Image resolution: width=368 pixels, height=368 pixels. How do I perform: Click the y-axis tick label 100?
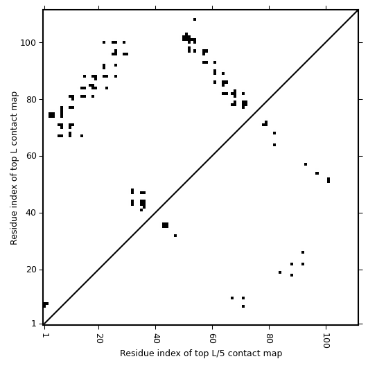(28, 43)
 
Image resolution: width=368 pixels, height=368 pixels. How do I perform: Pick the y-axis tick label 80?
(31, 100)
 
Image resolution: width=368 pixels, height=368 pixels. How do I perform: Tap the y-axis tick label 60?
(31, 157)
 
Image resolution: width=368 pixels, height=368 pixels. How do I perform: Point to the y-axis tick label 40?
(31, 213)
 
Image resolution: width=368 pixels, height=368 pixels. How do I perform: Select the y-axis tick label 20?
(31, 270)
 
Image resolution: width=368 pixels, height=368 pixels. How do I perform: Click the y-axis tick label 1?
(34, 324)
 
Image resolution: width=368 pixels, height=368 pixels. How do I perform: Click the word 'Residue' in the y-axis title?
(14, 233)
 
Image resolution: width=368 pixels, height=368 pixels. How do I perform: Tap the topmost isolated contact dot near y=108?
(195, 19)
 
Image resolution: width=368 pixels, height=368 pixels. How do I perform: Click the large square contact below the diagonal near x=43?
(165, 225)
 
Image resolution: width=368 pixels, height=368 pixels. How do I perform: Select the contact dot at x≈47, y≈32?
(175, 236)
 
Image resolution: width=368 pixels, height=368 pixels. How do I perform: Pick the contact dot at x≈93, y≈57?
(306, 164)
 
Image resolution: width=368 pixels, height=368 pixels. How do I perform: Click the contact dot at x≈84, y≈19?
(280, 272)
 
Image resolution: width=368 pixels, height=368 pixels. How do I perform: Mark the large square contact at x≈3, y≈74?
(52, 115)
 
